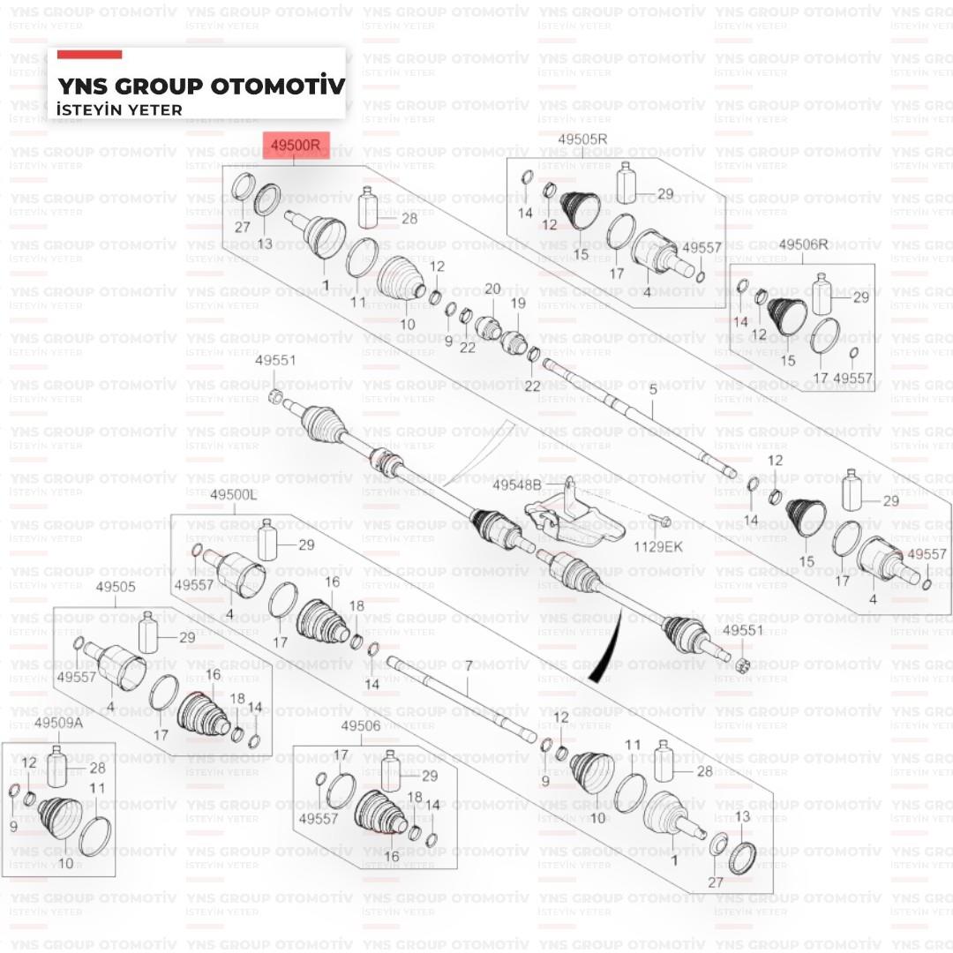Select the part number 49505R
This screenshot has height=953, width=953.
click(582, 139)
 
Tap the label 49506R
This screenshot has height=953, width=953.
click(804, 244)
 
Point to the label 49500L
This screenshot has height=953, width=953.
click(234, 496)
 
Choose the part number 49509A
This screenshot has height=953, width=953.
click(58, 724)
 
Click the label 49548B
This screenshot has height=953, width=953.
click(516, 485)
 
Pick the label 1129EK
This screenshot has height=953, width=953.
click(658, 547)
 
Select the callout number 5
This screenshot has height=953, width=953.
click(653, 389)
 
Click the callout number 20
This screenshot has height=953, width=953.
click(492, 289)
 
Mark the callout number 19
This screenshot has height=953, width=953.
click(517, 304)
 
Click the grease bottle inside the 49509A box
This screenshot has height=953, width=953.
click(58, 765)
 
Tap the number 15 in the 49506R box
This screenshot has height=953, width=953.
click(787, 360)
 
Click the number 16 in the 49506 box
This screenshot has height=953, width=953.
click(391, 856)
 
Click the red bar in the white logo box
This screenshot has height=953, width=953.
click(89, 55)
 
